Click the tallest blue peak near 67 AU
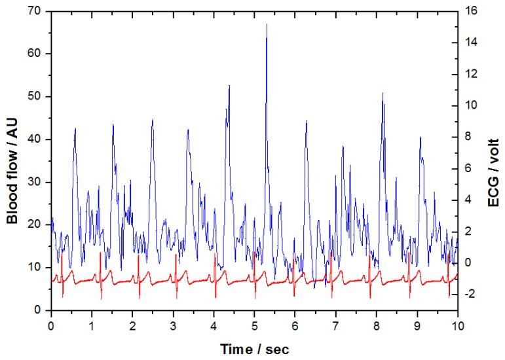[267, 25]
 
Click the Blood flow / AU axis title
[12, 160]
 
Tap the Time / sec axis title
[254, 347]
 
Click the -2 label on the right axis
[473, 294]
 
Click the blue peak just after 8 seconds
[383, 94]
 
